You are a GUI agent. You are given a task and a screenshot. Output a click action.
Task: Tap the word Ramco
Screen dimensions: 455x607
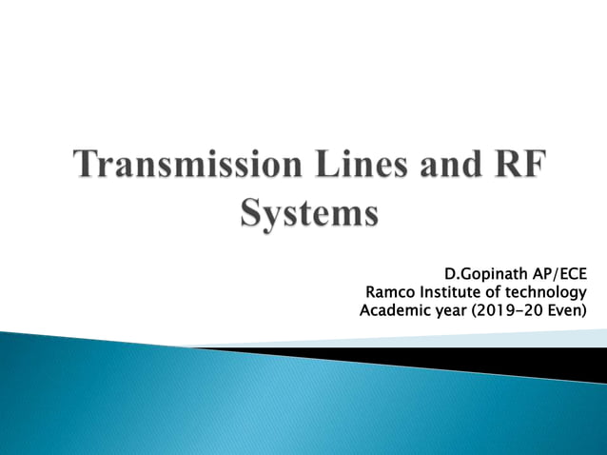(x=390, y=291)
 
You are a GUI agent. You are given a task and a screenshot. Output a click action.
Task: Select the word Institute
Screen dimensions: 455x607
(x=448, y=291)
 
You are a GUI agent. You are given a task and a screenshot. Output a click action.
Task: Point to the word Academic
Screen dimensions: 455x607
(x=395, y=310)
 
